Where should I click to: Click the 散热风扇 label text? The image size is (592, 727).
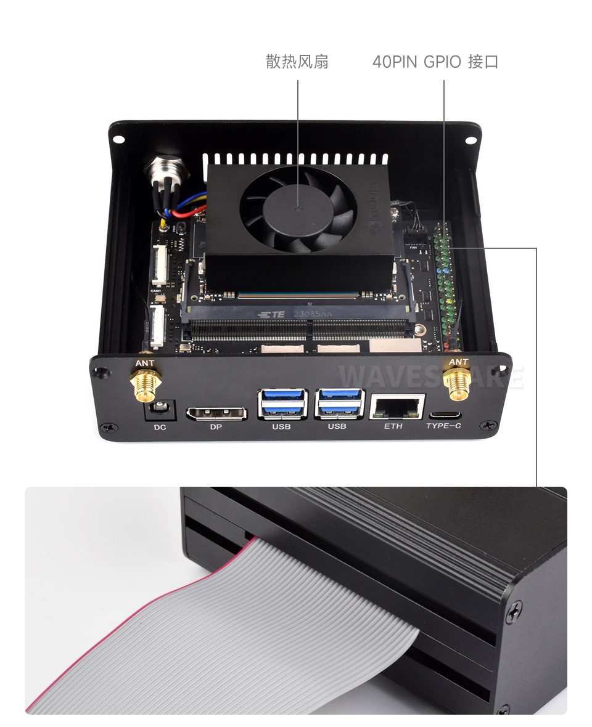pyautogui.click(x=297, y=62)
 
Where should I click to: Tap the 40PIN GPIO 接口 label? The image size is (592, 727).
pyautogui.click(x=435, y=62)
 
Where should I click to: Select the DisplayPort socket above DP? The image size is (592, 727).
pyautogui.click(x=216, y=412)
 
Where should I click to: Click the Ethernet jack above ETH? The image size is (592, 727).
pyautogui.click(x=397, y=407)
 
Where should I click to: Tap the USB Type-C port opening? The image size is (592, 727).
pyautogui.click(x=444, y=414)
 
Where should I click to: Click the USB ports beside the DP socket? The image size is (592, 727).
pyautogui.click(x=282, y=404)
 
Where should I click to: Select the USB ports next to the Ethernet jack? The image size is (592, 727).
pyautogui.click(x=339, y=404)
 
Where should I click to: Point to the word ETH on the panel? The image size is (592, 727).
pyautogui.click(x=393, y=426)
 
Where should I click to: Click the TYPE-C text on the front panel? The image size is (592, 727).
pyautogui.click(x=444, y=426)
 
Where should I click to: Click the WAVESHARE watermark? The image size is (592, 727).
pyautogui.click(x=431, y=376)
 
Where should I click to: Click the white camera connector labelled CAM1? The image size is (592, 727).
pyautogui.click(x=159, y=265)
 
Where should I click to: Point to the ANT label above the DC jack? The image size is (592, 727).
pyautogui.click(x=145, y=363)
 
